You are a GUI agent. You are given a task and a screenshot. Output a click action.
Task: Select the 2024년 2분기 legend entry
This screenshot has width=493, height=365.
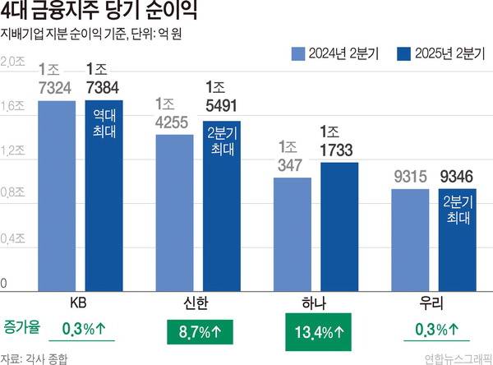click(x=332, y=55)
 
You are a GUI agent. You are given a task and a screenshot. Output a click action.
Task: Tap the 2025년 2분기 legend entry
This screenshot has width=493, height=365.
click(x=436, y=55)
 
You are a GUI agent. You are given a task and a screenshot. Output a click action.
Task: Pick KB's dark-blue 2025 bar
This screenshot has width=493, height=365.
click(x=104, y=206)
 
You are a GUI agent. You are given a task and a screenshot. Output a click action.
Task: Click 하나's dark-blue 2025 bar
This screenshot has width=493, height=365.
click(x=339, y=226)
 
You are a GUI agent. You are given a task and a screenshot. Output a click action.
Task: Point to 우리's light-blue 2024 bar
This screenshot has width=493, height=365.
click(x=410, y=238)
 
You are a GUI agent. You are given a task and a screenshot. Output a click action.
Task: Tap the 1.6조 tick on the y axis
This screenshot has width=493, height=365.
click(x=12, y=105)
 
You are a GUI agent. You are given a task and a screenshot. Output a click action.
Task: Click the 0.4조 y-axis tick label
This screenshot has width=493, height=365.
click(x=12, y=238)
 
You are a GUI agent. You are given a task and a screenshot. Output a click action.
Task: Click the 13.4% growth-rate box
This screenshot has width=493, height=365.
click(x=318, y=331)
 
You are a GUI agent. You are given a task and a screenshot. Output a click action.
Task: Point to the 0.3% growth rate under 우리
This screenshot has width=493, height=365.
click(x=435, y=331)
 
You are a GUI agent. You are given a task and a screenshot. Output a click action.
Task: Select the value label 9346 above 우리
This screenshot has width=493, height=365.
click(x=457, y=174)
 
